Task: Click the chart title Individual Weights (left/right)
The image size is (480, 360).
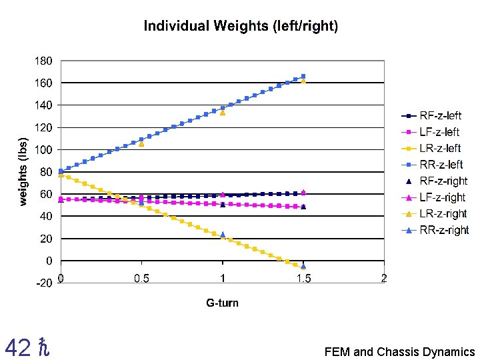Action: tap(241, 27)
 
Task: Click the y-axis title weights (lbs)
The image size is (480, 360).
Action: tap(23, 172)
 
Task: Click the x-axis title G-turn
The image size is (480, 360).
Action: tap(222, 303)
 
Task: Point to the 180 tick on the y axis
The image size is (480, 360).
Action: tap(44, 61)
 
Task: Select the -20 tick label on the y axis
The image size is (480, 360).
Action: tap(44, 283)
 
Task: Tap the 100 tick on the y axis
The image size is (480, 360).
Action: tap(44, 149)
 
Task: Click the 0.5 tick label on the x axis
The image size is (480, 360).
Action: tap(141, 278)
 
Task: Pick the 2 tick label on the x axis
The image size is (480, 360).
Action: tap(384, 278)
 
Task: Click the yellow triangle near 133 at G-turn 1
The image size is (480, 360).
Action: tap(223, 113)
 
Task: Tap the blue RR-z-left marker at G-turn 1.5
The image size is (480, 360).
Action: tap(303, 76)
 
